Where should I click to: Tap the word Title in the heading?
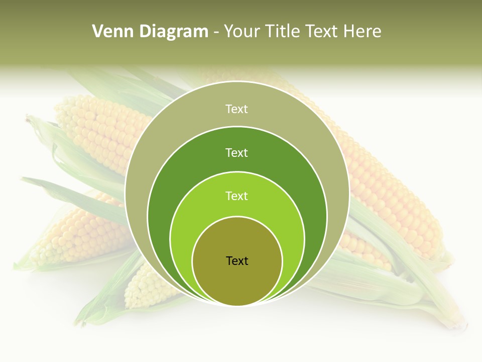287,32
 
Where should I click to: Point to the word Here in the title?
362,32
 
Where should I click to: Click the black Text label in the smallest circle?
237,260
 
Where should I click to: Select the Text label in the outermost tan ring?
237,109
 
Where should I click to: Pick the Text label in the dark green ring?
237,152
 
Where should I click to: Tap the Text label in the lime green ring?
237,196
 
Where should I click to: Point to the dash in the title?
216,32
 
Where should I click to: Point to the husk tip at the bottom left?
80,319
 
